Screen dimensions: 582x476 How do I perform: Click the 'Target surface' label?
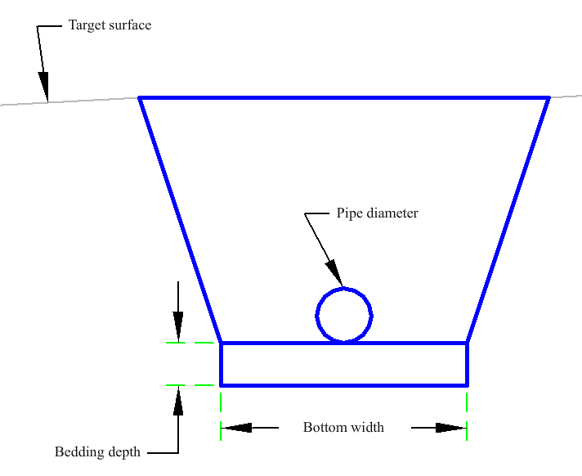coord(110,25)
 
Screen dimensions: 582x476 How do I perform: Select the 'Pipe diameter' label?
coord(377,213)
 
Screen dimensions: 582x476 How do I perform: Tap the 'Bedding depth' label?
coord(97,452)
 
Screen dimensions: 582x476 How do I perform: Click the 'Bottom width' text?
coord(343,428)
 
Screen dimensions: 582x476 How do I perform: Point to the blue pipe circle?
coord(316,316)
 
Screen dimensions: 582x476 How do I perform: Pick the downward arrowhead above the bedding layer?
coord(178,327)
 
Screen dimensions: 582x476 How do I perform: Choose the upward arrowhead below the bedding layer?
coord(178,400)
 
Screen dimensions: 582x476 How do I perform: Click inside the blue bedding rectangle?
coord(343,364)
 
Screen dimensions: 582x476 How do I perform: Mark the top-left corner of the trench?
coord(139,97)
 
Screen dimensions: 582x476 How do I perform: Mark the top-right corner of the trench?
coord(549,97)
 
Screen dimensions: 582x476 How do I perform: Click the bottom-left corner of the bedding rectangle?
coord(221,385)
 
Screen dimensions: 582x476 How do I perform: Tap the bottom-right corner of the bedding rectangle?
coord(467,385)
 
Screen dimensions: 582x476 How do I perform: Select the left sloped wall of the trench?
coord(180,220)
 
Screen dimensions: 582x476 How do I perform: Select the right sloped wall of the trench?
coord(508,220)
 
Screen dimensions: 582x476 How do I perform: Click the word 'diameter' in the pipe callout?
coord(392,213)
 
